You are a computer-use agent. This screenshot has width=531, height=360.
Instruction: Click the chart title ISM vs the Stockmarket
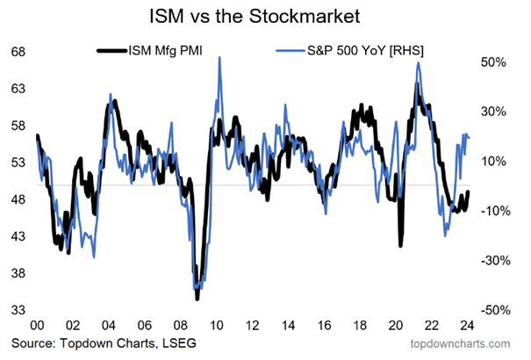(x=255, y=16)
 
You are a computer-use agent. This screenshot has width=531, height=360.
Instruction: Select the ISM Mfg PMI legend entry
(x=150, y=51)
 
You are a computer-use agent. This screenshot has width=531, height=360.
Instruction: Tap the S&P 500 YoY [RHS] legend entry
(x=349, y=51)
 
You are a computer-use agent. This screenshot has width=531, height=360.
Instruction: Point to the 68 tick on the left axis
(x=18, y=52)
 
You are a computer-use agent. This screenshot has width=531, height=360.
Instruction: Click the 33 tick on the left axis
(x=18, y=310)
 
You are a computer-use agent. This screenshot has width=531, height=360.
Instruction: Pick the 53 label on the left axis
(x=18, y=162)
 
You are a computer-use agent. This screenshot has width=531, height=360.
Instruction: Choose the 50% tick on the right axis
(x=493, y=62)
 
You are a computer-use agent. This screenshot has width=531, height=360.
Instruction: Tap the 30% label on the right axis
(x=493, y=112)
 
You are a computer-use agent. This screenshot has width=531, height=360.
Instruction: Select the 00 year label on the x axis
(x=37, y=326)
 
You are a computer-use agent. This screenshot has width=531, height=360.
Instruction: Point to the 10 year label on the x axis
(x=217, y=326)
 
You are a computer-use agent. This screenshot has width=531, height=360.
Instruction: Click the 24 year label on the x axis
(x=467, y=326)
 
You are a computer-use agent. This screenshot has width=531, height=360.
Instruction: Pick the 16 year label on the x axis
(x=324, y=326)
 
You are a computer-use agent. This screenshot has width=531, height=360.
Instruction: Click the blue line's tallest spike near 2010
(x=219, y=57)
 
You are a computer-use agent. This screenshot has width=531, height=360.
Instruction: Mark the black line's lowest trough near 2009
(x=197, y=299)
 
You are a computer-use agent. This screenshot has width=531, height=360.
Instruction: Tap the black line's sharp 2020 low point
(x=400, y=245)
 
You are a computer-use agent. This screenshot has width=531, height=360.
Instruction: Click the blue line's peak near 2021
(x=420, y=62)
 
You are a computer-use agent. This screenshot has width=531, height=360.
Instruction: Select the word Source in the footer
(x=32, y=343)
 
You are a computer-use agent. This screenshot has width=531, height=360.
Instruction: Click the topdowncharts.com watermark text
(x=460, y=343)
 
